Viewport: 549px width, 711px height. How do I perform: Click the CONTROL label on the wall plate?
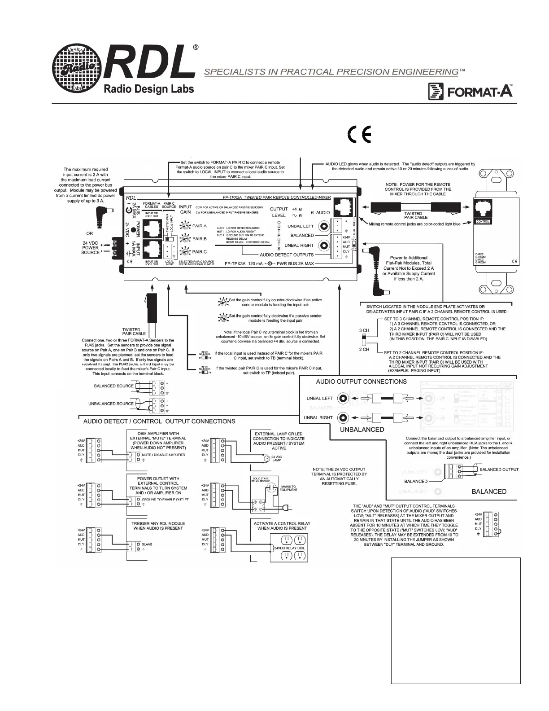[x=484, y=221]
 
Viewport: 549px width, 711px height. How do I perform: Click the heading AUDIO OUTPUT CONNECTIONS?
[x=361, y=382]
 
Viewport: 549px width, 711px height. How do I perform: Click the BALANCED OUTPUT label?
[x=499, y=469]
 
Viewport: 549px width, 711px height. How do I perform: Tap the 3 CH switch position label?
[x=364, y=330]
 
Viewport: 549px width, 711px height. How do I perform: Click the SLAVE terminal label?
[x=147, y=544]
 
